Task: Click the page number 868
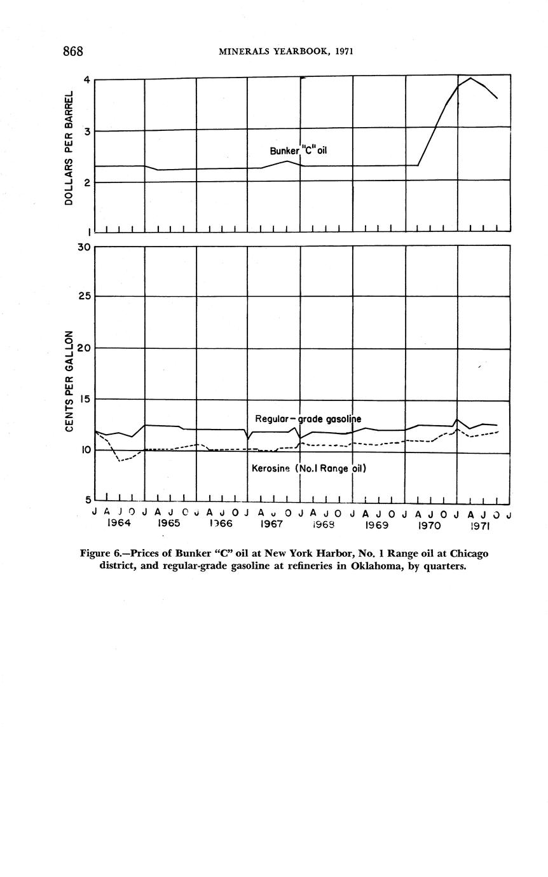click(73, 51)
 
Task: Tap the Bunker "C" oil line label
click(298, 151)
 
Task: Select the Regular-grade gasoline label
click(308, 419)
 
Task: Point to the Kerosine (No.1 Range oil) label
click(309, 468)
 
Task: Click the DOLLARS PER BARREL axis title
click(69, 148)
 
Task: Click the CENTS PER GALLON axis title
click(69, 381)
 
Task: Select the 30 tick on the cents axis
click(83, 247)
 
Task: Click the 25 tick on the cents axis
click(83, 297)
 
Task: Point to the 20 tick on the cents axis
click(83, 348)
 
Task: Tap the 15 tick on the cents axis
click(83, 399)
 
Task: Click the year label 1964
click(119, 524)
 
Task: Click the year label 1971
click(480, 526)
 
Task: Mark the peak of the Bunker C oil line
click(470, 78)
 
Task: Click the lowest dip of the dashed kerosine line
click(119, 460)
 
